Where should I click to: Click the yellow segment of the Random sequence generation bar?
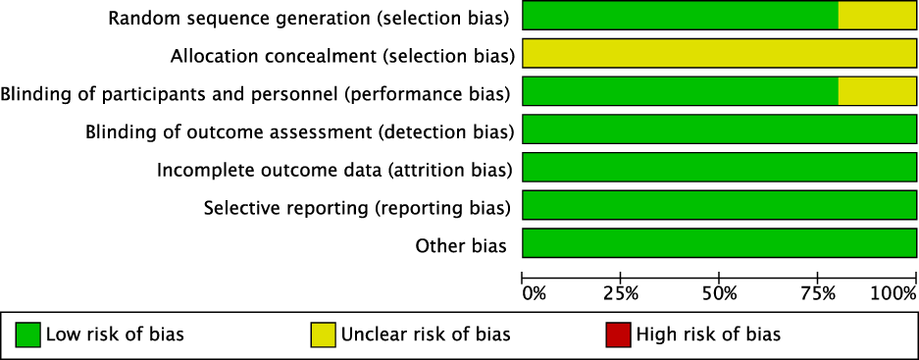[x=877, y=16]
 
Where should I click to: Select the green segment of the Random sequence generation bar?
[x=680, y=16]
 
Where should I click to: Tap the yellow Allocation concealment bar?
[x=719, y=54]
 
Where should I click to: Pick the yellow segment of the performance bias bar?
[x=877, y=92]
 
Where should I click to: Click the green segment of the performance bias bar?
[x=680, y=92]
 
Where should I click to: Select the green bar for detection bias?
[x=719, y=129]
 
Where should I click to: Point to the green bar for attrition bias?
[x=719, y=168]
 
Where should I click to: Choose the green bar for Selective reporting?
[x=719, y=206]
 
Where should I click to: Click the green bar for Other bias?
[x=719, y=243]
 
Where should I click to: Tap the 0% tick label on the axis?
[x=534, y=293]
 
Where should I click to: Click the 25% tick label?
[x=621, y=293]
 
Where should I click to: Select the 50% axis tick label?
[x=719, y=293]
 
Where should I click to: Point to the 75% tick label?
[x=818, y=293]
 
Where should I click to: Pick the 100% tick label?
[x=893, y=293]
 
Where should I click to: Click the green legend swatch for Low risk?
[x=28, y=334]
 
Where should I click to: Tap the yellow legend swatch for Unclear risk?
[x=324, y=334]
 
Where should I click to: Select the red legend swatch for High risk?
[x=619, y=334]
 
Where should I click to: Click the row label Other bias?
[x=461, y=245]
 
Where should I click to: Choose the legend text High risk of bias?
[x=708, y=334]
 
